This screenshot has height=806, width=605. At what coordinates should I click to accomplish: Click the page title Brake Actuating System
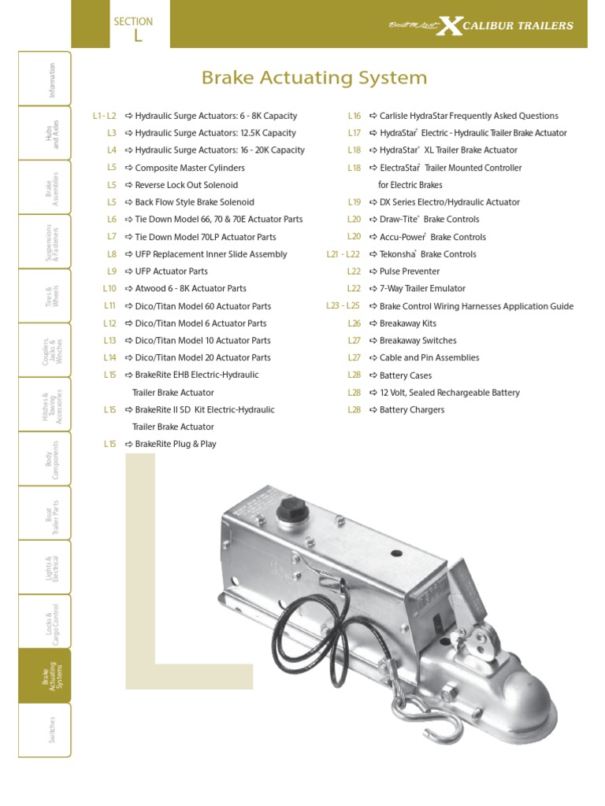coord(314,78)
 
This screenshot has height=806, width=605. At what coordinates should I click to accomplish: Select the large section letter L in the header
coord(138,36)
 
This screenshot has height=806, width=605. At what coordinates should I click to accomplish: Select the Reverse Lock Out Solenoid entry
coord(186,185)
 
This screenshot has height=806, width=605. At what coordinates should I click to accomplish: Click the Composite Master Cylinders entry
coord(190,168)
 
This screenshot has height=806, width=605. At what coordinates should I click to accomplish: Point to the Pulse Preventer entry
coord(410,272)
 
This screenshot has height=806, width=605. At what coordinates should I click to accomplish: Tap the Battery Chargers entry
coord(412,410)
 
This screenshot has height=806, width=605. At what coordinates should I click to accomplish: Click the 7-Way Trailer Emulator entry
coord(422,289)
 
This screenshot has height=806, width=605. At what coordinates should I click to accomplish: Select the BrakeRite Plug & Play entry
coord(176,444)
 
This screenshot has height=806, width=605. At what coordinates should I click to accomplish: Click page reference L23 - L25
coord(343,306)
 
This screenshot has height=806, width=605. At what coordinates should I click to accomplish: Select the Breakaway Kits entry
coord(407,324)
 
